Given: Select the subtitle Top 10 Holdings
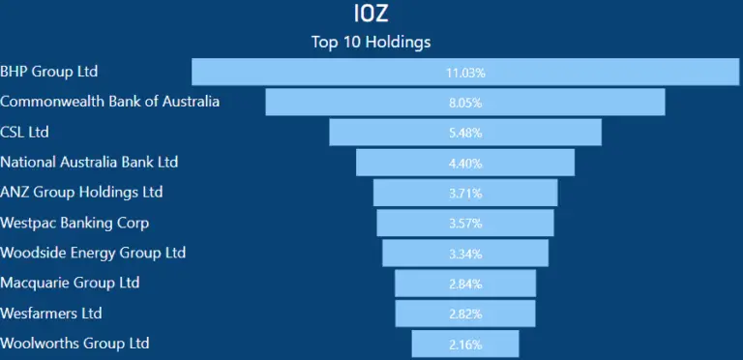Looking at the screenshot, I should [371, 42].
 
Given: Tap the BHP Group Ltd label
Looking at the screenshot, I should [49, 72].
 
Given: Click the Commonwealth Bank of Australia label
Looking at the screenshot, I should [110, 102].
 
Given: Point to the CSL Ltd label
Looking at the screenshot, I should [25, 132].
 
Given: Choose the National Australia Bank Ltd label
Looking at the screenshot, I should [89, 162].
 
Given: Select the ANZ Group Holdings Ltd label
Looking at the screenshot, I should [82, 192].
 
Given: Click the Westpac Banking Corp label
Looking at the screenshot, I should [74, 223].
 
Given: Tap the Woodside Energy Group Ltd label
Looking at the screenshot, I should [93, 253].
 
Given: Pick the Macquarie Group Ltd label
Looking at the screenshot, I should [70, 283].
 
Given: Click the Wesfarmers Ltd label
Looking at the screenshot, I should [51, 314].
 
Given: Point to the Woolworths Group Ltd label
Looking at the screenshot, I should [75, 344].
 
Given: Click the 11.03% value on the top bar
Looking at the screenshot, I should [465, 73].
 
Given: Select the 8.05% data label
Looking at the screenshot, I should [465, 103].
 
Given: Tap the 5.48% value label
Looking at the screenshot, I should [465, 133].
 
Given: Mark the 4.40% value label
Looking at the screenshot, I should [465, 163].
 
